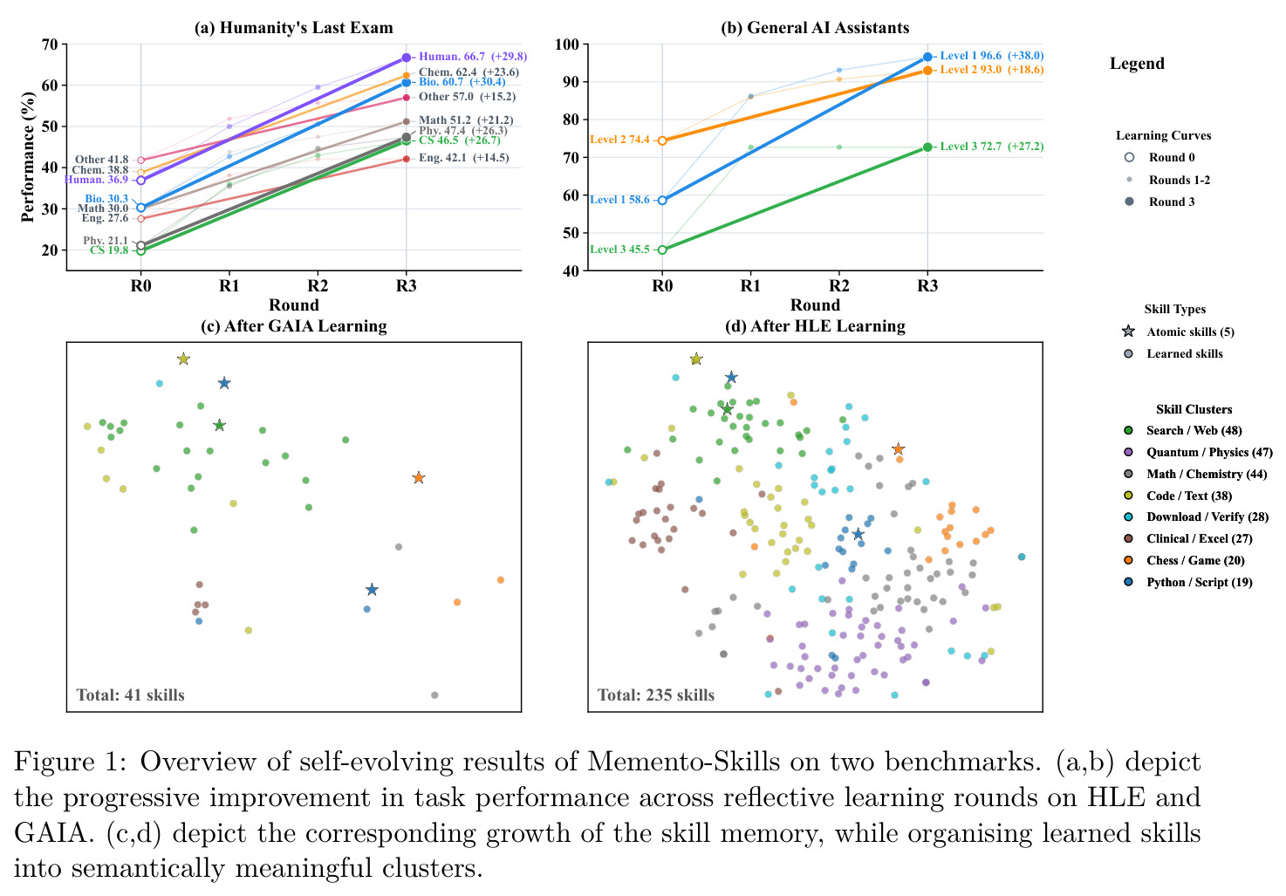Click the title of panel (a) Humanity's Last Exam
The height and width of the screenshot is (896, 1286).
pyautogui.click(x=293, y=28)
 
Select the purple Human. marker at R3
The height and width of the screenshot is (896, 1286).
pyautogui.click(x=406, y=58)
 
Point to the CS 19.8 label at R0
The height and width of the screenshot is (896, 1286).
pyautogui.click(x=109, y=250)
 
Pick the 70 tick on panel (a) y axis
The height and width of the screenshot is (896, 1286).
pyautogui.click(x=50, y=44)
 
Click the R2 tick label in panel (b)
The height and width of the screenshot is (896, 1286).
pyautogui.click(x=838, y=285)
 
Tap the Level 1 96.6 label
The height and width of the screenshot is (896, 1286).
pyautogui.click(x=970, y=56)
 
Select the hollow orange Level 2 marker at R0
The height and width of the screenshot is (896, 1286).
pyautogui.click(x=662, y=140)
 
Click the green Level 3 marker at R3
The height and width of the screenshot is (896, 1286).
pyautogui.click(x=927, y=147)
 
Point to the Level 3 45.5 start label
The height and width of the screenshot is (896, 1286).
pyautogui.click(x=619, y=250)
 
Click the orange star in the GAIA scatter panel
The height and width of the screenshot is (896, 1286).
pyautogui.click(x=419, y=477)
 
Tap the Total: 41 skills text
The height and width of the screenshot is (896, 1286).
pyautogui.click(x=130, y=695)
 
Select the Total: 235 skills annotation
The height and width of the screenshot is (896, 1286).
pyautogui.click(x=655, y=695)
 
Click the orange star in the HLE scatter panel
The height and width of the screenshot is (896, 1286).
pyautogui.click(x=898, y=448)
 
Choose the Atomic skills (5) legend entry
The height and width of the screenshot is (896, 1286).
pyautogui.click(x=1178, y=332)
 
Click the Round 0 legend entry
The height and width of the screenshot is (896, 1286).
pyautogui.click(x=1159, y=157)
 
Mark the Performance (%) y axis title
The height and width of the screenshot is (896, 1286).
pyautogui.click(x=28, y=157)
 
